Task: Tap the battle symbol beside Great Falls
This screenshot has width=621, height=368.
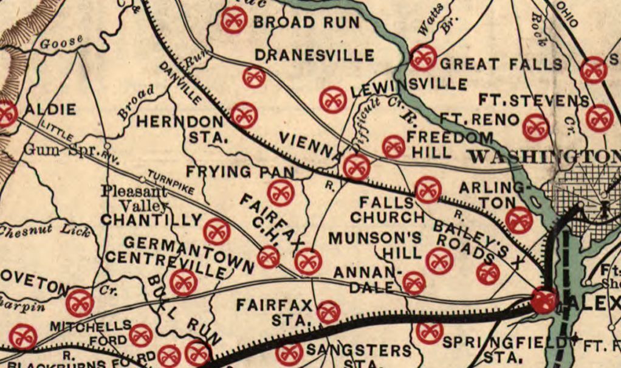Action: [424, 57]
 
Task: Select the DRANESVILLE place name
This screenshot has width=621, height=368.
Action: [314, 55]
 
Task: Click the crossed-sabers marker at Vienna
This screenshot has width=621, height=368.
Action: [356, 165]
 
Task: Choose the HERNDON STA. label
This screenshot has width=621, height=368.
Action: [179, 128]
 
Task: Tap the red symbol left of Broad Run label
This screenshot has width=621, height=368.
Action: [233, 21]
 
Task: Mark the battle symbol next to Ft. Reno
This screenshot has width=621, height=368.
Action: [535, 127]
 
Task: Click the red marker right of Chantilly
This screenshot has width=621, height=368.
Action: [216, 231]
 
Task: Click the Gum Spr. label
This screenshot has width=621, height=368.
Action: [55, 149]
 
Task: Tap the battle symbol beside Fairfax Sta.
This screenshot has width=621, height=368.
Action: [328, 311]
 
